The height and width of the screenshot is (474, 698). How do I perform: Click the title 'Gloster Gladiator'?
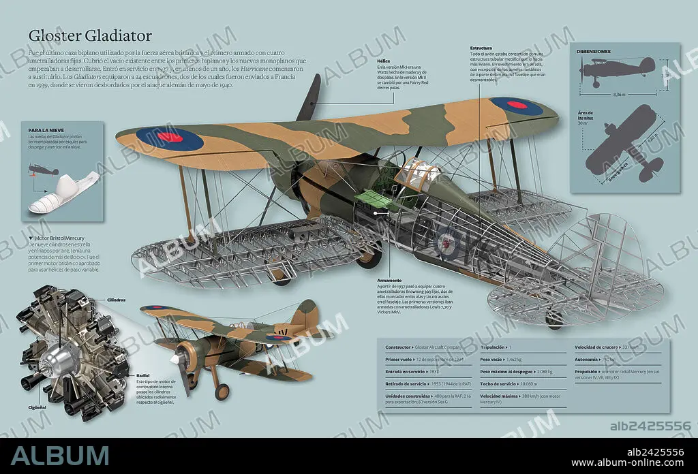(90, 35)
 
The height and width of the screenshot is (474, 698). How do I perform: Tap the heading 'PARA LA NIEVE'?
(46, 129)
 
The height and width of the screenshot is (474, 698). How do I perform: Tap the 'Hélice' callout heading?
(383, 61)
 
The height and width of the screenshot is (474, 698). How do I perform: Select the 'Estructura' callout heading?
(481, 48)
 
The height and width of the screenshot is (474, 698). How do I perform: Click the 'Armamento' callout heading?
(389, 280)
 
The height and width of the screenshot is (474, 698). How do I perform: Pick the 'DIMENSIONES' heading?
(594, 52)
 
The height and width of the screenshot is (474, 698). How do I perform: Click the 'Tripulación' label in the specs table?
(495, 347)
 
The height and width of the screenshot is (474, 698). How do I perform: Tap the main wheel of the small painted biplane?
(222, 392)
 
